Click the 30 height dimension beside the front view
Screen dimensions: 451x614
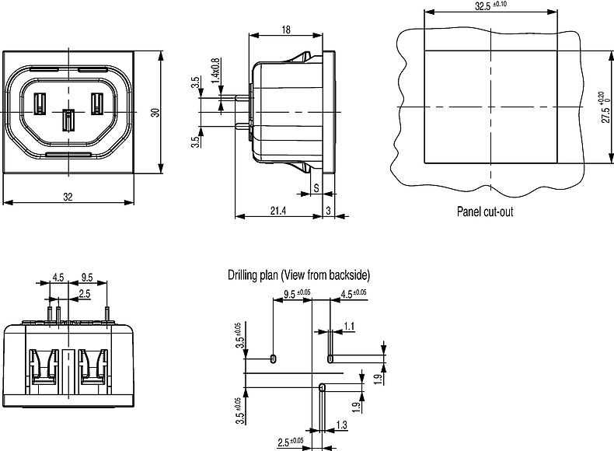tap(155, 113)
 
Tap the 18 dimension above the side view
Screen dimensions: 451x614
tap(286, 29)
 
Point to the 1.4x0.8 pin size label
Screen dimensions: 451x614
tap(215, 72)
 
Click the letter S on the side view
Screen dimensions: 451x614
tap(316, 187)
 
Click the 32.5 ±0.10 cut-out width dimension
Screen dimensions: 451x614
tap(491, 5)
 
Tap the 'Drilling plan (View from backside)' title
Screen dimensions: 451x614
tap(299, 275)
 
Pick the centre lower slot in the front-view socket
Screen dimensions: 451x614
tap(68, 121)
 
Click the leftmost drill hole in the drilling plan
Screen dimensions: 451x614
tap(273, 358)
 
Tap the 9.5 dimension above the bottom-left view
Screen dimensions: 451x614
tap(86, 276)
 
